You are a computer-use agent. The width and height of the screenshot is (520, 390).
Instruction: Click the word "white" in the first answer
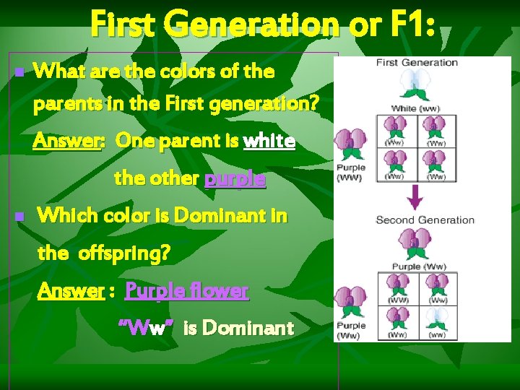[x=269, y=141]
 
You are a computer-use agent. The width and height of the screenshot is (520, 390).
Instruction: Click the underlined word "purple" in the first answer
[x=235, y=178]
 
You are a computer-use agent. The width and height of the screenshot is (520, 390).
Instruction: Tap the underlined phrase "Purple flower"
[x=186, y=291]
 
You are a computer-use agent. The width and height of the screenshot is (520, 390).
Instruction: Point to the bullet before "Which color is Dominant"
[x=19, y=216]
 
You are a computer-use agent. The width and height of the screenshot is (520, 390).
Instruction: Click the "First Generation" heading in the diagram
[x=417, y=62]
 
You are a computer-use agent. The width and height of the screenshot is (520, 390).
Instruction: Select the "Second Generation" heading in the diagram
[x=425, y=220]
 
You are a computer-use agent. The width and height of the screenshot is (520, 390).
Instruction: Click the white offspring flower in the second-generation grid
[x=436, y=319]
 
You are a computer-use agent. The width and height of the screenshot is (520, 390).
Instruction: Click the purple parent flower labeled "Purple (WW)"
[x=352, y=144]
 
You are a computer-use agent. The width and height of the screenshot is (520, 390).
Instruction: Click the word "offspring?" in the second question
[x=124, y=253]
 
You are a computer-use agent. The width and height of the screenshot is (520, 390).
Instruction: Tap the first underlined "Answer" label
[x=69, y=141]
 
